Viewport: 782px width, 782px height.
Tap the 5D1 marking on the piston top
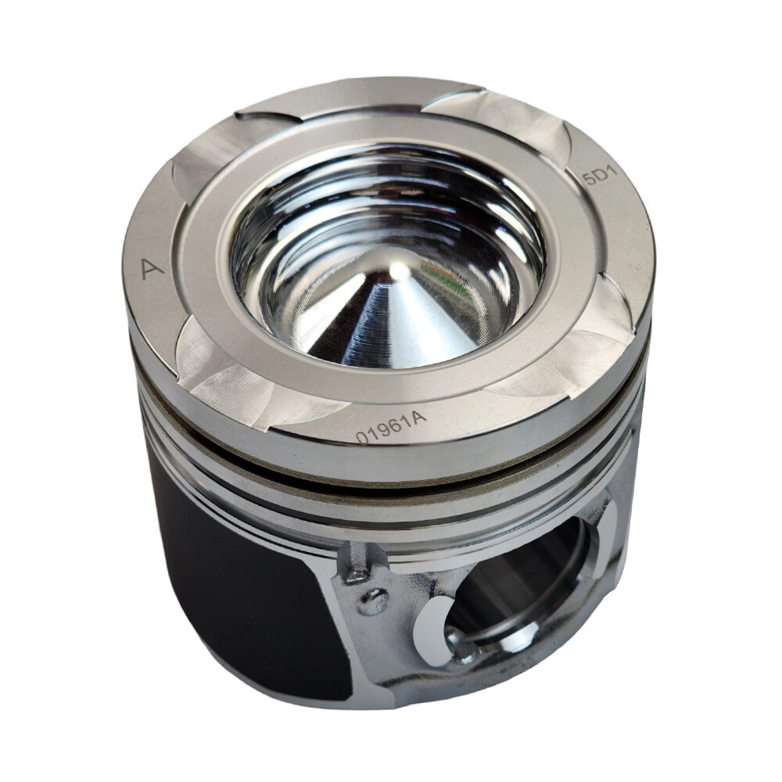[601, 177]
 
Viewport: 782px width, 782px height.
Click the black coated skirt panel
[249, 589]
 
